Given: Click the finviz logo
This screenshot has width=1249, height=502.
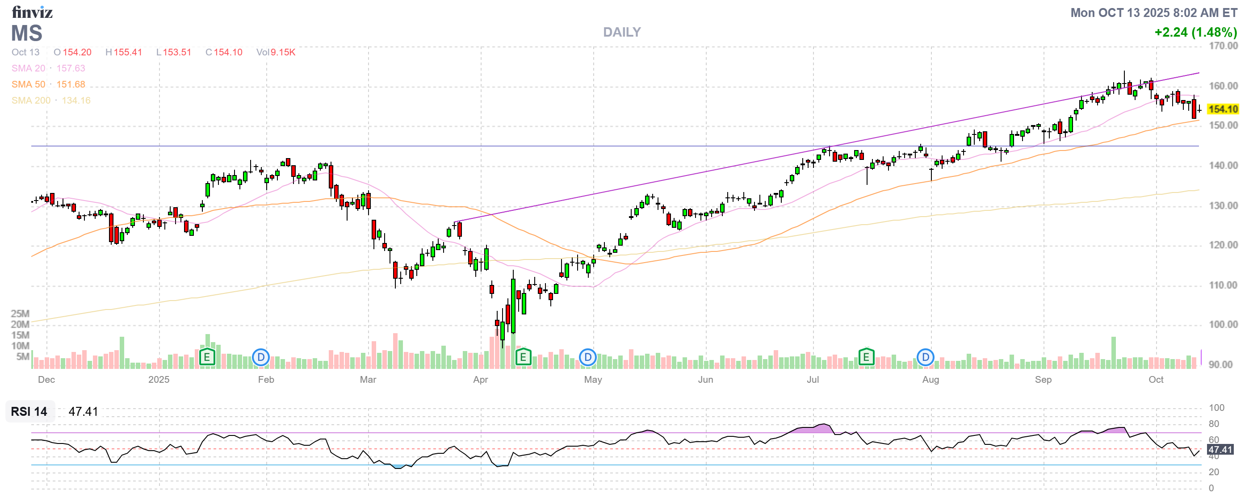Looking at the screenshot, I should tap(32, 12).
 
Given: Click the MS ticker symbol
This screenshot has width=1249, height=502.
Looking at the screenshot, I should tap(27, 33).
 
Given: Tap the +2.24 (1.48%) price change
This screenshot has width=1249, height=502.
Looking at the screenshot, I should tap(1195, 32).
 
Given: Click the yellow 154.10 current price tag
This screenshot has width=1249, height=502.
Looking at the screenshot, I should tap(1222, 109).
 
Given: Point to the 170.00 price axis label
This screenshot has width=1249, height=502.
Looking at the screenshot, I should tap(1223, 46).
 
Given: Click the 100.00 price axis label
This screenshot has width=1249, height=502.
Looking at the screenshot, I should tap(1223, 324).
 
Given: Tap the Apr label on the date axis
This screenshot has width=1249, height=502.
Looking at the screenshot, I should tap(481, 380).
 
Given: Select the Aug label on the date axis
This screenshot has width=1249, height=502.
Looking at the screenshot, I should tap(930, 380).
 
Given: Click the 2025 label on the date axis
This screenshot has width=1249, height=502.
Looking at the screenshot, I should tap(159, 380).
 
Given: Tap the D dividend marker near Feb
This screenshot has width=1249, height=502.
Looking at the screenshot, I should tap(261, 358).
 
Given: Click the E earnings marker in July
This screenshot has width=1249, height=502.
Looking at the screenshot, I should tap(866, 358).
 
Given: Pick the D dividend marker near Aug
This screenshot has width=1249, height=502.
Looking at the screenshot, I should tap(925, 358).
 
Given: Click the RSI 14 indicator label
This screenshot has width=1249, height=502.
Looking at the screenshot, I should tap(29, 411).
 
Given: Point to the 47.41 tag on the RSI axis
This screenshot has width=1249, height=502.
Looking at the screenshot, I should tap(1220, 450).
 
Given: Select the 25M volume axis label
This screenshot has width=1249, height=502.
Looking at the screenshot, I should tap(21, 314).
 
